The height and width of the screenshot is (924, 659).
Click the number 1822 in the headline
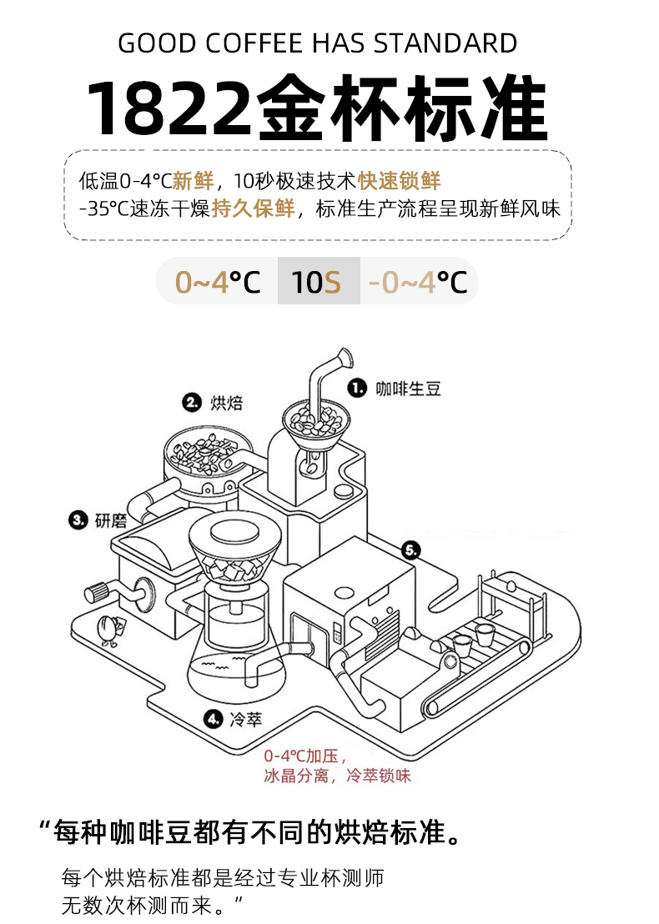pyautogui.click(x=171, y=109)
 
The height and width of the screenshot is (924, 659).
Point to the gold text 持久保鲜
pyautogui.click(x=253, y=208)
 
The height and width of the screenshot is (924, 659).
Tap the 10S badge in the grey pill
pyautogui.click(x=317, y=282)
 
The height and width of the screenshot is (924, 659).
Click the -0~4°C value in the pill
pyautogui.click(x=418, y=282)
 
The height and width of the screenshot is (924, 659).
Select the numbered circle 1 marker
pyautogui.click(x=357, y=388)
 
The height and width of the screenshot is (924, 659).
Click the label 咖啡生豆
pyautogui.click(x=408, y=388)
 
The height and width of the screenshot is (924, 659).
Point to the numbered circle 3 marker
pyautogui.click(x=78, y=520)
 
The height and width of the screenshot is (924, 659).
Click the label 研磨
pyautogui.click(x=111, y=521)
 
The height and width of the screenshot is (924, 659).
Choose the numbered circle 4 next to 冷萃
pyautogui.click(x=213, y=718)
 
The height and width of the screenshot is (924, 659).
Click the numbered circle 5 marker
pyautogui.click(x=411, y=550)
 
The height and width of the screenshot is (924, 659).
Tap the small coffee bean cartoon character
pyautogui.click(x=108, y=630)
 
